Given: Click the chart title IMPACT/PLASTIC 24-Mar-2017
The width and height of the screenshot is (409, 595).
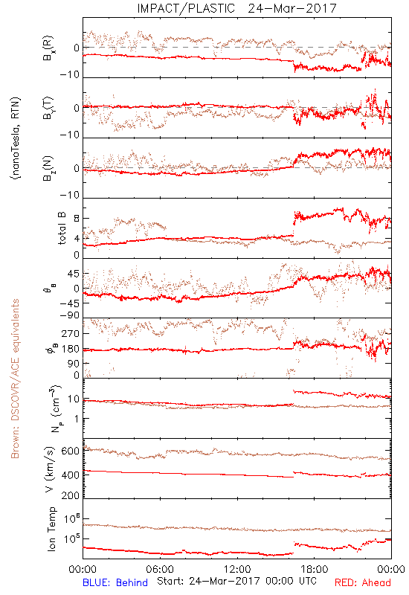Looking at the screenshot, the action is tap(236, 8).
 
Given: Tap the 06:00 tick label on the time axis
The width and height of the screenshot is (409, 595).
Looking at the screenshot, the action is tap(160, 570).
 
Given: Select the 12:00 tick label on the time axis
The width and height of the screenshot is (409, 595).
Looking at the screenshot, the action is tap(237, 570).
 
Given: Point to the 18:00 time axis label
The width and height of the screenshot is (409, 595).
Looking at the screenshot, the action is tap(315, 570).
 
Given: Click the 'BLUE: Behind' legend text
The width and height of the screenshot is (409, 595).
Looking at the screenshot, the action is tap(115, 583).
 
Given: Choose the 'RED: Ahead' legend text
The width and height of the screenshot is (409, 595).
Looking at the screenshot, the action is tap(363, 583).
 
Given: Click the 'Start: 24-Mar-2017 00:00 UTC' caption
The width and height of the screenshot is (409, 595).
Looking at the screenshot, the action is tap(236, 581).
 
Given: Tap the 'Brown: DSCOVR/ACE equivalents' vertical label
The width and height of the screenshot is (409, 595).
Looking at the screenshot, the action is tap(15, 379).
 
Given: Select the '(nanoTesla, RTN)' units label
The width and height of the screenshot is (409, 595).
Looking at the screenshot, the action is tap(16, 138).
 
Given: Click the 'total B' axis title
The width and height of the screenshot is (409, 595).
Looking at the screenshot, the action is tap(62, 228).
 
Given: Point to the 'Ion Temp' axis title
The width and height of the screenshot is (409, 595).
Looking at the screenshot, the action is tap(51, 529).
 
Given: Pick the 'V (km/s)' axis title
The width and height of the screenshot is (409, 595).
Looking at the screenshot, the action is tap(50, 469).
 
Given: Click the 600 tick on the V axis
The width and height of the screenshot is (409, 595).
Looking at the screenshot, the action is tap(70, 451).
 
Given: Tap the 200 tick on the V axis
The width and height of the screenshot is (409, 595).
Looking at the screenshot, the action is tap(70, 495).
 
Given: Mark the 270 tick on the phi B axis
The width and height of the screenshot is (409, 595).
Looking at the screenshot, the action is tap(70, 333).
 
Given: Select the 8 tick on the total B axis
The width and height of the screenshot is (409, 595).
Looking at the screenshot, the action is tap(77, 219).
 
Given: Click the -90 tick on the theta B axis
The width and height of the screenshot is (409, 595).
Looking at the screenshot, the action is tap(69, 315).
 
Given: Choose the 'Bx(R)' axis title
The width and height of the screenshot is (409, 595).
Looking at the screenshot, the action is tap(48, 48).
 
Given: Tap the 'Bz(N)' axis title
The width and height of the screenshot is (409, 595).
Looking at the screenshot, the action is tap(48, 169).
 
